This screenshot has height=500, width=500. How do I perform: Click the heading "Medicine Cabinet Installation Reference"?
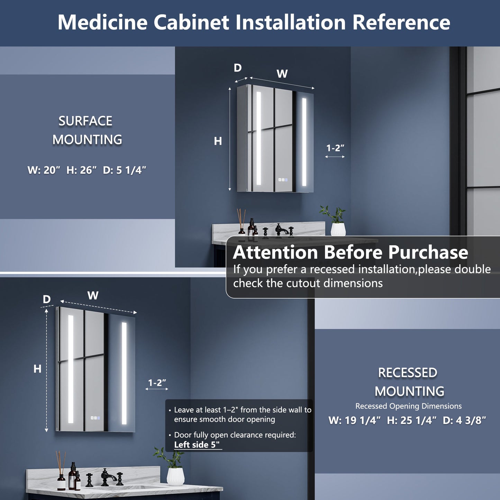[x=254, y=22]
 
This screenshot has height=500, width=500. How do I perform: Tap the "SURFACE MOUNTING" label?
[x=87, y=130]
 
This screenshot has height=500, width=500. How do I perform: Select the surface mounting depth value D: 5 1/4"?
[x=125, y=170]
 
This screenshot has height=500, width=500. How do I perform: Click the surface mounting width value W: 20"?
[x=44, y=170]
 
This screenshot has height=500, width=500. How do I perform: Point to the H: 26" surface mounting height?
[x=81, y=170]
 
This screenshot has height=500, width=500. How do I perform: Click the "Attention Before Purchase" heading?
[x=350, y=252]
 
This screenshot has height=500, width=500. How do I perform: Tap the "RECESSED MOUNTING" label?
[x=409, y=382]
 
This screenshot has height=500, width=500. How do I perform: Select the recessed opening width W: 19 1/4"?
[x=354, y=420]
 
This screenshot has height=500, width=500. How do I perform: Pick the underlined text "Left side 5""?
[x=197, y=445]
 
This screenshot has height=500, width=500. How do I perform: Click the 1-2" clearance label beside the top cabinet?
[x=335, y=148]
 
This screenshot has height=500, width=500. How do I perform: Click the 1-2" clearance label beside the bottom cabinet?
[x=157, y=383]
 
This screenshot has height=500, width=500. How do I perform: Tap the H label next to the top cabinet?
[x=218, y=141]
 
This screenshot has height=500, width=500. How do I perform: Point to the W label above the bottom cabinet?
[x=93, y=296]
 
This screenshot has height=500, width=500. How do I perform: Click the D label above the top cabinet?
[x=238, y=68]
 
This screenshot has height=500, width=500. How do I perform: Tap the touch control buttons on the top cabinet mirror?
[x=283, y=180]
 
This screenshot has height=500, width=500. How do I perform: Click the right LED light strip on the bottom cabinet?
[x=124, y=373]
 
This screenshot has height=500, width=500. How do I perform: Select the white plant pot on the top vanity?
[x=338, y=229]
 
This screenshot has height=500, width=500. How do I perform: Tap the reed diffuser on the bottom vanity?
[x=61, y=474]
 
